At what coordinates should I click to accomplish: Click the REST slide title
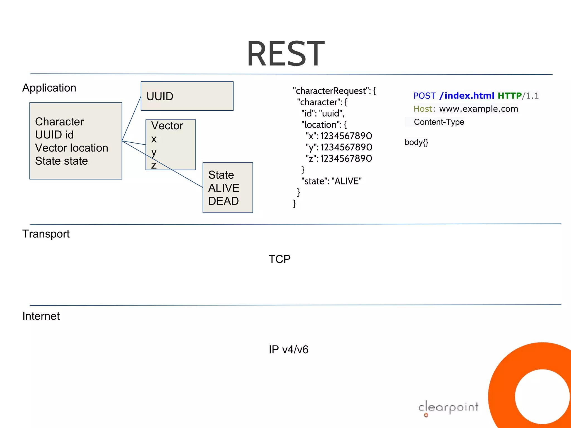285,53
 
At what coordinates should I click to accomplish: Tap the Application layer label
49,88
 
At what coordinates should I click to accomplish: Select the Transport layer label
46,234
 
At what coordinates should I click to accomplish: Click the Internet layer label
41,316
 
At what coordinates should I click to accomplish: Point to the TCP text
279,259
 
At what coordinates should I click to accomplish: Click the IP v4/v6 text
288,350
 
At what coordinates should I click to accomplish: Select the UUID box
187,96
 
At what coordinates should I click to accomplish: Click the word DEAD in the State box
223,201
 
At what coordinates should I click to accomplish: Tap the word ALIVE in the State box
224,188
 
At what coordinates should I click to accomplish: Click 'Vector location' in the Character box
72,148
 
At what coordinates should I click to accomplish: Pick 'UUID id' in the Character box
54,135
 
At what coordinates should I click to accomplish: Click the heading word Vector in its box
167,126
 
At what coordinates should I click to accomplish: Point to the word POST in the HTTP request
424,96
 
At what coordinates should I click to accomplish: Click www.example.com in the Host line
478,109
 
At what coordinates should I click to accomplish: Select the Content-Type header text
439,122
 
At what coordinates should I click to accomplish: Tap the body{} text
416,142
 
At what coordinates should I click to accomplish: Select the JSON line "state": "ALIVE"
331,181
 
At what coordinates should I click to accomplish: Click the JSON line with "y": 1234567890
339,147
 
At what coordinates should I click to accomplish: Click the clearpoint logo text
448,407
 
